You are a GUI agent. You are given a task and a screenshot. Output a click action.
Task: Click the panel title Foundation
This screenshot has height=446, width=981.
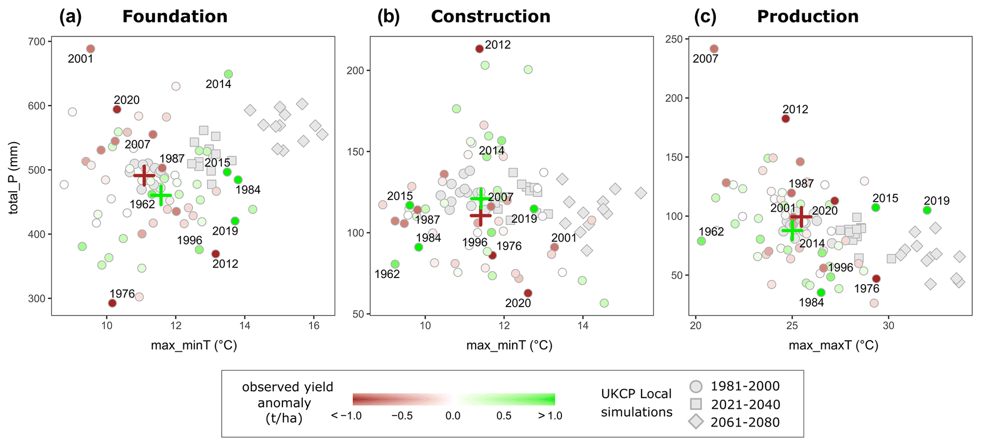pyautogui.click(x=175, y=17)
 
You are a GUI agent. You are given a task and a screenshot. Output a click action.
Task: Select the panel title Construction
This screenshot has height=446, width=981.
pyautogui.click(x=490, y=17)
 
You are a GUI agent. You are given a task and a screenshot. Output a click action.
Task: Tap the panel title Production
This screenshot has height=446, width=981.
pyautogui.click(x=807, y=17)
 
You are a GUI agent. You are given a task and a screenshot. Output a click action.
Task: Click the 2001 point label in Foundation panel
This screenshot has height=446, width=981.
pyautogui.click(x=81, y=59)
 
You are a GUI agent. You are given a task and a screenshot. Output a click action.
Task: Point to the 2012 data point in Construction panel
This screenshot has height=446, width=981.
pyautogui.click(x=479, y=49)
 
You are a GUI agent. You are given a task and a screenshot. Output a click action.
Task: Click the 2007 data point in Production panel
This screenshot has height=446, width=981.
pyautogui.click(x=714, y=49)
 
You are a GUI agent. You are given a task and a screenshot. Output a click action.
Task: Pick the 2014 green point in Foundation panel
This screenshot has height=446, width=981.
pyautogui.click(x=228, y=74)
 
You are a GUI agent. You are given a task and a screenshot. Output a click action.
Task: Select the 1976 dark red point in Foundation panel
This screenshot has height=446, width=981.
pyautogui.click(x=112, y=303)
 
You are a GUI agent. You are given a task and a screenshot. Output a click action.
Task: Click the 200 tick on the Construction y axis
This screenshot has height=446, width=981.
pyautogui.click(x=356, y=71)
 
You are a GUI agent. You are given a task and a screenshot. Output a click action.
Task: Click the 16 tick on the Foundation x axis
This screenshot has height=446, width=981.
pyautogui.click(x=313, y=326)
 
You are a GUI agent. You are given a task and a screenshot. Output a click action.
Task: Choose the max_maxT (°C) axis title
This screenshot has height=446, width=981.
pyautogui.click(x=833, y=345)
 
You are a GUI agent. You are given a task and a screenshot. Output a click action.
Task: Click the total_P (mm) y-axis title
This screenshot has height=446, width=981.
pyautogui.click(x=14, y=178)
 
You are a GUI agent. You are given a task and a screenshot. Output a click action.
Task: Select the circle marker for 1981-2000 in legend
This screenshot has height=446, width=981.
pyautogui.click(x=696, y=387)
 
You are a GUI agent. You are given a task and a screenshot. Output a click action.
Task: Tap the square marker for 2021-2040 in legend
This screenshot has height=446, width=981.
pyautogui.click(x=696, y=404)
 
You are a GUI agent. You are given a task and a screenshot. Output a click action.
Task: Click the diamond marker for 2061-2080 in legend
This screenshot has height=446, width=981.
pyautogui.click(x=696, y=422)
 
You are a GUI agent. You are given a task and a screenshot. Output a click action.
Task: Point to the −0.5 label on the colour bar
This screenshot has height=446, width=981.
pyautogui.click(x=402, y=416)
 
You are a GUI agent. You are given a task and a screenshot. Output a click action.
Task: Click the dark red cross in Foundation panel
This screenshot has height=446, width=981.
pyautogui.click(x=144, y=176)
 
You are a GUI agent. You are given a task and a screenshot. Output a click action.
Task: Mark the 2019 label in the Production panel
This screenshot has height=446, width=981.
pyautogui.click(x=936, y=201)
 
